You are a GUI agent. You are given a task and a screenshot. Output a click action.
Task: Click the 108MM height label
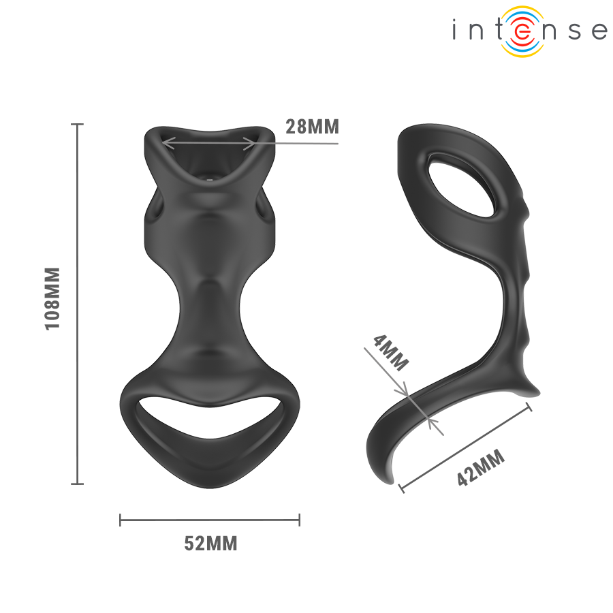click(53, 298)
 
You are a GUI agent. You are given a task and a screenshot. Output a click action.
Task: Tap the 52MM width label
click(210, 544)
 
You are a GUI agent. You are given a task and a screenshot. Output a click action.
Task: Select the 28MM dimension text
click(311, 127)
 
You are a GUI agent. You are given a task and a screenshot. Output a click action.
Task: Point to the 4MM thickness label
click(391, 352)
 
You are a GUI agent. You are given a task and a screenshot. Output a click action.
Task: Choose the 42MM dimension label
click(481, 468)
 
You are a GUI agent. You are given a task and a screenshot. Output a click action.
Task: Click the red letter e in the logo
click(522, 31)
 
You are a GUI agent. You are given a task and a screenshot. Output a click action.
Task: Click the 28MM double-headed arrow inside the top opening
click(210, 144)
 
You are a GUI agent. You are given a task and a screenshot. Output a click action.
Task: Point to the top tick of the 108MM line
click(78, 125)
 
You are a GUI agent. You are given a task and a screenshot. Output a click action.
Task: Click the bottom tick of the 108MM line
click(78, 484)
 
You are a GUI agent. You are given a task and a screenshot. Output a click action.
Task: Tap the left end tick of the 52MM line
click(121, 521)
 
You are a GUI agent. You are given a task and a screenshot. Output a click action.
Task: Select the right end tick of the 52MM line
click(299, 521)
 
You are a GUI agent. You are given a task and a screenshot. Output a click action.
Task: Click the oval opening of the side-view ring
click(463, 184)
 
